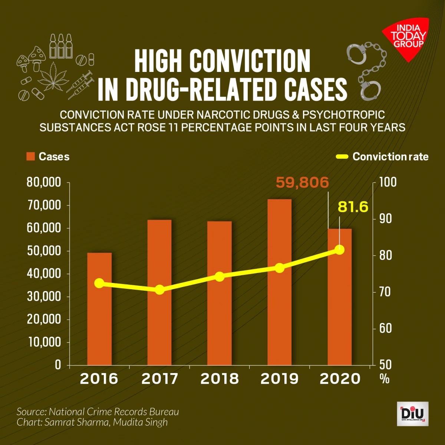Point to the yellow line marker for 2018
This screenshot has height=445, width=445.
[x=220, y=277]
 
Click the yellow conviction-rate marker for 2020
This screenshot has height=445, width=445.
[x=339, y=250]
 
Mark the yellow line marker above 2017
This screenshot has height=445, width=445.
[x=159, y=290]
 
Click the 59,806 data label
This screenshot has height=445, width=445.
[x=302, y=182]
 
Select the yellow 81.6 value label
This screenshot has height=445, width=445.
[x=353, y=207]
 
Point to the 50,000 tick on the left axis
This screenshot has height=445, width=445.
[x=43, y=251]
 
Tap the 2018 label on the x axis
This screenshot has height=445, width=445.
[x=220, y=379]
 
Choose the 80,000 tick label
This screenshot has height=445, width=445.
[x=43, y=183]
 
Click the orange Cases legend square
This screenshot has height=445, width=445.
[x=30, y=156]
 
